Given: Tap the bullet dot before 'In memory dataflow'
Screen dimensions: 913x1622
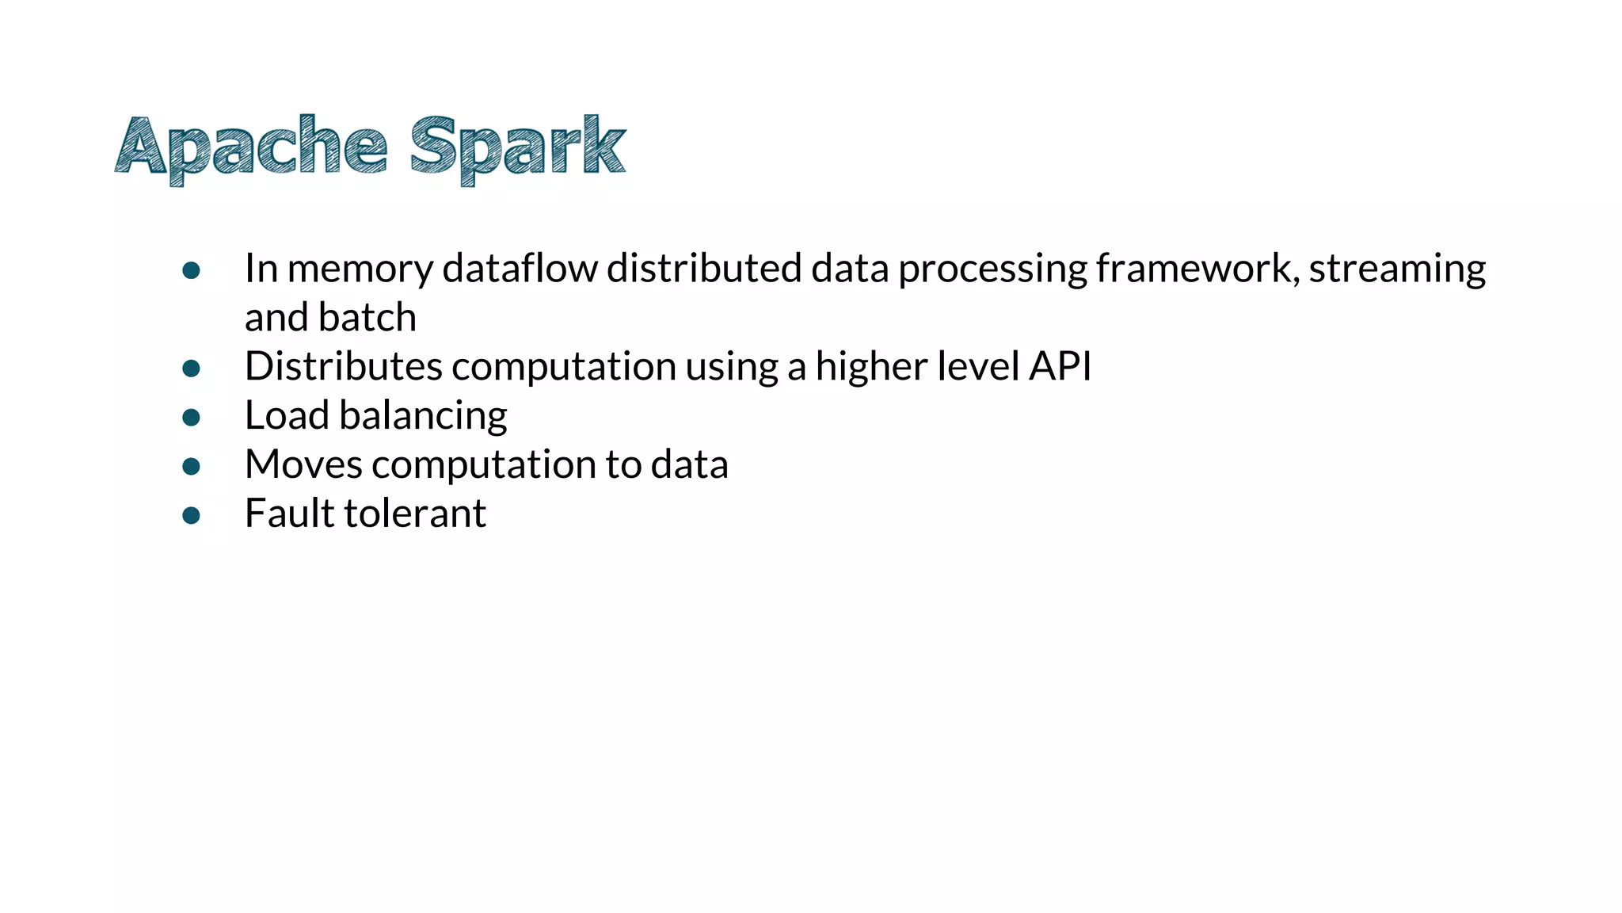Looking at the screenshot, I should [x=191, y=271].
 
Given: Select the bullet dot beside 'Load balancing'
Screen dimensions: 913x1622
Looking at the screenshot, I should [x=191, y=418].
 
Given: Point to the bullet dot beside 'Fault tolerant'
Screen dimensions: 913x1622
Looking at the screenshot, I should [x=191, y=516].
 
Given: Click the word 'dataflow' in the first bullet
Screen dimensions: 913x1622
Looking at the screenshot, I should [x=520, y=269].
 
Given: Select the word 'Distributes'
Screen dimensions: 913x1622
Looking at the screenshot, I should [x=343, y=367].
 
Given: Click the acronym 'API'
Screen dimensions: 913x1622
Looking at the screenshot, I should [x=1060, y=367].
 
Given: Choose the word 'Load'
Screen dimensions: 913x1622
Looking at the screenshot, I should [x=287, y=416].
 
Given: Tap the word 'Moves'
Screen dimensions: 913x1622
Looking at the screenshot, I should [x=303, y=465].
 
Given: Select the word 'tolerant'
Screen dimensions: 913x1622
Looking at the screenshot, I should [x=415, y=514].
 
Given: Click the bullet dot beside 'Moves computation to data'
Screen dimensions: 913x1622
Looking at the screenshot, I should [x=191, y=467].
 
